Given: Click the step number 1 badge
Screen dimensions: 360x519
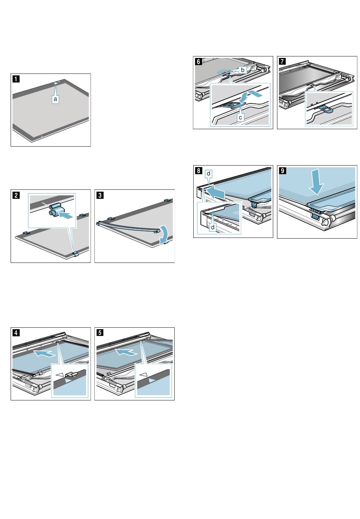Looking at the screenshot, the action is pos(16,79).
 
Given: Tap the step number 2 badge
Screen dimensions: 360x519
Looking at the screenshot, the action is pos(16,195).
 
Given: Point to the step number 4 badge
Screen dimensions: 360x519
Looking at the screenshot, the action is pos(16,333).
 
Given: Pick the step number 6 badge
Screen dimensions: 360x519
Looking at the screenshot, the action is pos(198,61).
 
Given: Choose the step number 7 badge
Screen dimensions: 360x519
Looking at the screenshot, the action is pos(282,61).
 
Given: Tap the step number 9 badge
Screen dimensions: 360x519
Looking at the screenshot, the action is pos(282,171).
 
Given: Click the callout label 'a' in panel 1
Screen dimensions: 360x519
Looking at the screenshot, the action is pos(55,99).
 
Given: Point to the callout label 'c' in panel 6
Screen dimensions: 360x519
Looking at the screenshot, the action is pos(240,117).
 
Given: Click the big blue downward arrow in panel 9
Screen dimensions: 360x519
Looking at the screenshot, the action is pos(316,181).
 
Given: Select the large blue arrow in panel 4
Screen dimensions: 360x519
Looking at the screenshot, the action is pos(44,353).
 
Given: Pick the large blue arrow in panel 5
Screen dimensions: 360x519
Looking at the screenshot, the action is pos(126,352).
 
